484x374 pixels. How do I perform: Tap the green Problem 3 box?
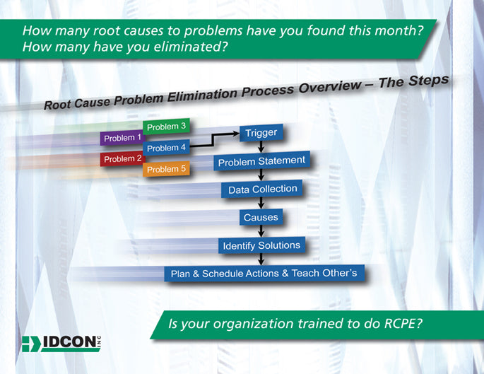(167, 127)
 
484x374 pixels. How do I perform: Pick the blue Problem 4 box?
(167, 148)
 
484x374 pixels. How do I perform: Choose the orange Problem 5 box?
(167, 169)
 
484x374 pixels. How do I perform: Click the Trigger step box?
(261, 132)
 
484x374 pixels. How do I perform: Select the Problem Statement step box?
(261, 162)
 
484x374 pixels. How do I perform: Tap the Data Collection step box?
(262, 189)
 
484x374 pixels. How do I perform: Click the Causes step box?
(261, 217)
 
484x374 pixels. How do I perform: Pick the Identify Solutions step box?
(261, 245)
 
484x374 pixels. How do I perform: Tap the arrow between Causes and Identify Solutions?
(261, 231)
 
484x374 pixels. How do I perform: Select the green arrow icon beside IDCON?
(31, 344)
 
